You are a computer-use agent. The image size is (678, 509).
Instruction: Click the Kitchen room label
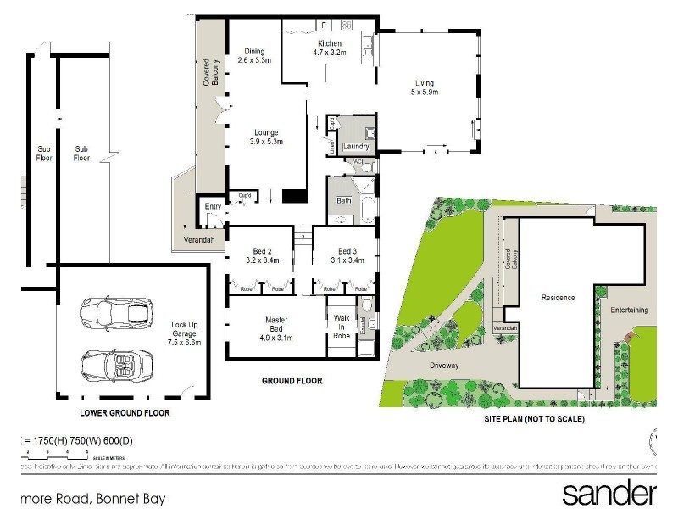tap(330, 43)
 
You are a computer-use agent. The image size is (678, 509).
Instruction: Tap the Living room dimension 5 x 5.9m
tap(424, 92)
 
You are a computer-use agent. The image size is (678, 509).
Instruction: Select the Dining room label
tap(254, 51)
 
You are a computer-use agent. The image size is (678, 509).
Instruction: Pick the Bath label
tap(344, 201)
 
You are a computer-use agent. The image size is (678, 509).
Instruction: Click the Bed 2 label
tap(262, 251)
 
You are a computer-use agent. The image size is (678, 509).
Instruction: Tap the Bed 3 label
tap(347, 251)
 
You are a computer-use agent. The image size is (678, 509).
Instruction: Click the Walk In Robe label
tap(342, 327)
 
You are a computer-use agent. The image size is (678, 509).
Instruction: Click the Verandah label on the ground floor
tap(200, 241)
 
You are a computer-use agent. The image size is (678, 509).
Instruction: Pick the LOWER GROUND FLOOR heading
tap(125, 413)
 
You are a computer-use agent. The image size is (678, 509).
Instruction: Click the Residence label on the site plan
tap(559, 298)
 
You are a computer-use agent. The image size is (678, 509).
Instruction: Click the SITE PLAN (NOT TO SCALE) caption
tap(534, 419)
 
